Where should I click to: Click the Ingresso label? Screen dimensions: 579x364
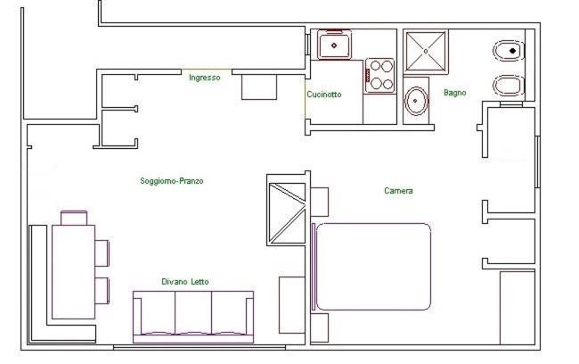coord(205,78)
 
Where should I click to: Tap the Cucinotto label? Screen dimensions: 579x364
coord(324,95)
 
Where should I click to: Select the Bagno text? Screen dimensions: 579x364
coord(454,93)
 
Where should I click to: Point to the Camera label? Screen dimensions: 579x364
coord(398,191)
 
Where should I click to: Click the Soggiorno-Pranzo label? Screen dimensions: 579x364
coord(172,181)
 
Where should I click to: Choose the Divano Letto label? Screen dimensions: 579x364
coord(185,282)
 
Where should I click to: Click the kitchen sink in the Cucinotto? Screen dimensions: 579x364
coord(334,45)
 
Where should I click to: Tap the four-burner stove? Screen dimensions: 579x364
coord(380,76)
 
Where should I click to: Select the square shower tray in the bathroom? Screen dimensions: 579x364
coord(426,52)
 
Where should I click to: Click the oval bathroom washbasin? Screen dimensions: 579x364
coord(416,100)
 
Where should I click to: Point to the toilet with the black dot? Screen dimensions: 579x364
coord(509,51)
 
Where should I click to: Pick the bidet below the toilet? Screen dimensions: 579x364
coord(509,85)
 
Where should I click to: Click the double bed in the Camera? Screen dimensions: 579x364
coord(371,267)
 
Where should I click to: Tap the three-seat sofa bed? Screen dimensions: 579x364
coord(193,317)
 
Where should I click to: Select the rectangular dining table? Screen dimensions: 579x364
coord(73,271)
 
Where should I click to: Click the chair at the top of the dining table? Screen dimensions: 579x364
coord(74,218)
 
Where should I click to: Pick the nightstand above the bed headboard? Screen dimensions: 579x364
coord(320,202)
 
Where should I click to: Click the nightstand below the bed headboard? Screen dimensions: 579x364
coord(320,327)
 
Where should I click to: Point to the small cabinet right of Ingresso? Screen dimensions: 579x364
coord(259,87)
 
